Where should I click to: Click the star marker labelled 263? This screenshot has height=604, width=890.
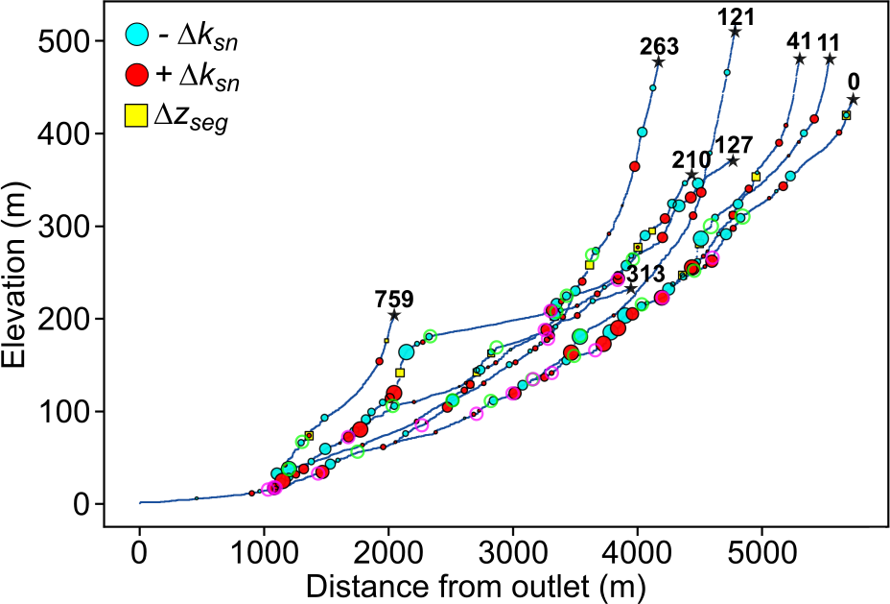[658, 62]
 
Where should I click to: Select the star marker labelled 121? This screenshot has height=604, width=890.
[735, 32]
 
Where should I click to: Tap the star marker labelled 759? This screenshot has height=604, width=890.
[393, 315]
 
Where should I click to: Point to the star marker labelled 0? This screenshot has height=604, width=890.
[853, 100]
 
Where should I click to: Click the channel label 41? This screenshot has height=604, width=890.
[798, 41]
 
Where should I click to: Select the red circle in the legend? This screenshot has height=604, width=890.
[137, 75]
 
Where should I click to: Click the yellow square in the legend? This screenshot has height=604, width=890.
[137, 115]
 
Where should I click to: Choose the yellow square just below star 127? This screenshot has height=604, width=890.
[756, 177]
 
